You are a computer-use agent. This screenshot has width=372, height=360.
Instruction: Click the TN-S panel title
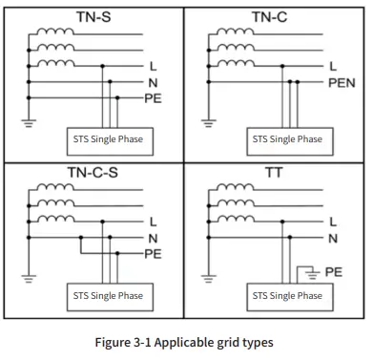(x=93, y=16)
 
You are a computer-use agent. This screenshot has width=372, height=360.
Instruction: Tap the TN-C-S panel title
(x=93, y=174)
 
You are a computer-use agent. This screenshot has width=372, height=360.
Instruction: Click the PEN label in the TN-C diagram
(x=341, y=83)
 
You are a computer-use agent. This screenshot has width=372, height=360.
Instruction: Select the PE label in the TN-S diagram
(x=153, y=98)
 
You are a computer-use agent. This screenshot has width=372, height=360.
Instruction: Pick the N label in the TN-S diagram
(x=153, y=83)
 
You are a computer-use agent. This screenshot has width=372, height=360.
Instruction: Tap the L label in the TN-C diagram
(x=332, y=67)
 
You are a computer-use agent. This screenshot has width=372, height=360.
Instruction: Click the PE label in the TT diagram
(x=333, y=271)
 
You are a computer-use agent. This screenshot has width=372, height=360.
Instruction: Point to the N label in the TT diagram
(x=332, y=239)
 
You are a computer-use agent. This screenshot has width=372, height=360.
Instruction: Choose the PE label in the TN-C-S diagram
(x=153, y=254)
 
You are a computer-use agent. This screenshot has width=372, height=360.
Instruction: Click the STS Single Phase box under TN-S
(x=108, y=139)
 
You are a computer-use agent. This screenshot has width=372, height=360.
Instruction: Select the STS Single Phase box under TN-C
(x=287, y=139)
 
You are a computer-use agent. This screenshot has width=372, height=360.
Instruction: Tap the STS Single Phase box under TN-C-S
(x=108, y=296)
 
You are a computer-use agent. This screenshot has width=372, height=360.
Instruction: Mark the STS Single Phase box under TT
(x=287, y=296)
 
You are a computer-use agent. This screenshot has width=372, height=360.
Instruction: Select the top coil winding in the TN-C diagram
(x=233, y=32)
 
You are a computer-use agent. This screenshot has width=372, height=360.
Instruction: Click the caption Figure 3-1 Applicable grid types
(x=186, y=342)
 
